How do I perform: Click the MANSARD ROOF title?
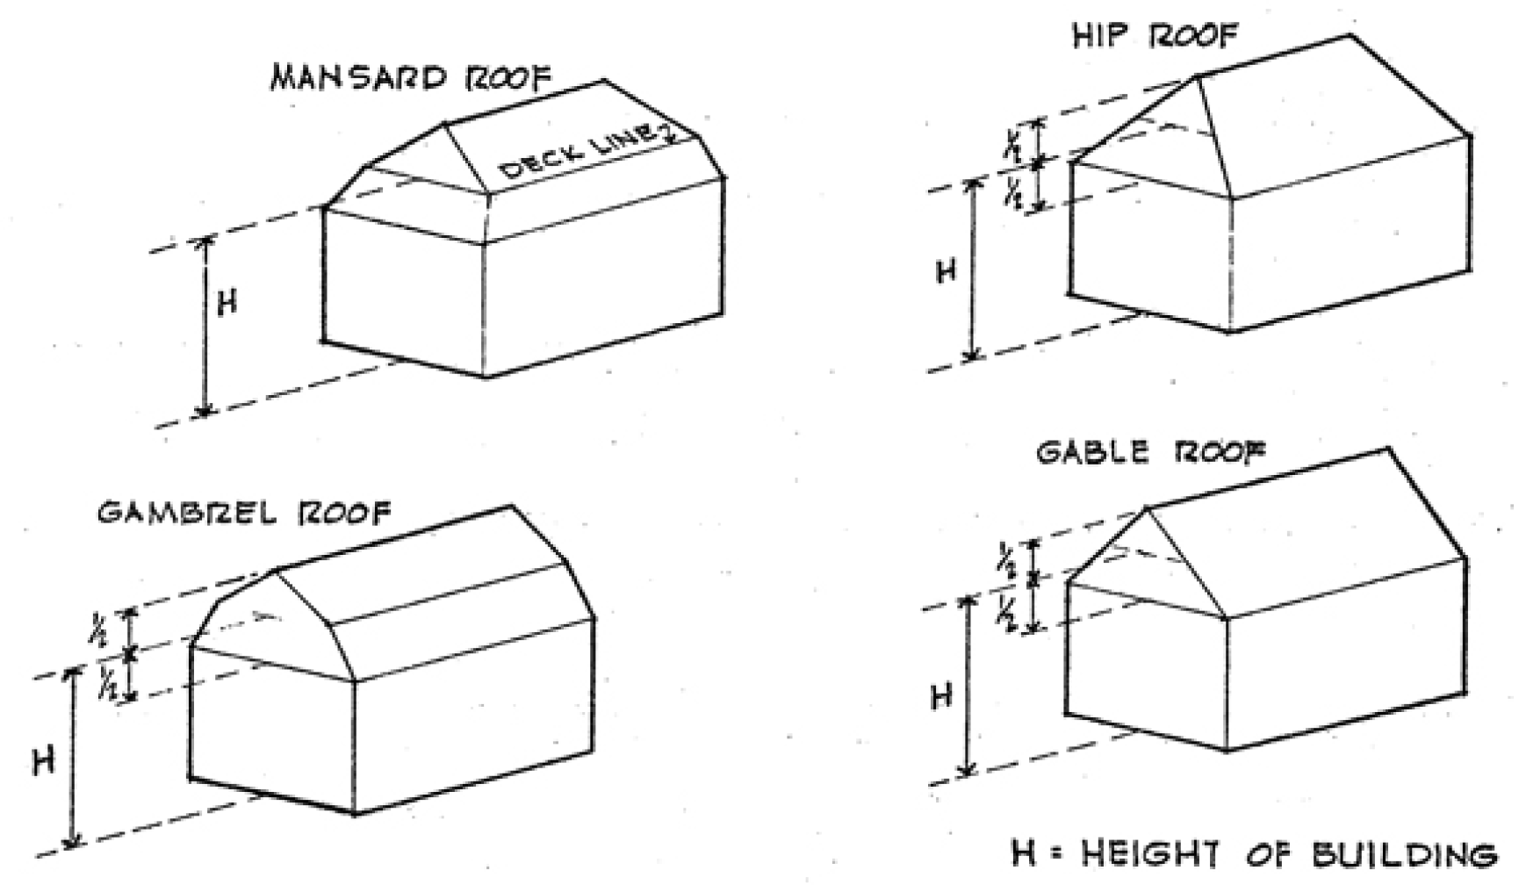pyautogui.click(x=411, y=78)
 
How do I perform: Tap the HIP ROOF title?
pyautogui.click(x=1154, y=36)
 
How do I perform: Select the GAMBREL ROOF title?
pyautogui.click(x=243, y=512)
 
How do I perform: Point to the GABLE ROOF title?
pyautogui.click(x=1151, y=453)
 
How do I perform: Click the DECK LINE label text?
pyautogui.click(x=580, y=155)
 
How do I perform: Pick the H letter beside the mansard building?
pyautogui.click(x=227, y=304)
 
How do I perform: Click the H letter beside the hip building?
pyautogui.click(x=945, y=272)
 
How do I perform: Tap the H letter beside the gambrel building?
pyautogui.click(x=43, y=760)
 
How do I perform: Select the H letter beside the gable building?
pyautogui.click(x=940, y=697)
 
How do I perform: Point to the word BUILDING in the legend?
pyautogui.click(x=1404, y=854)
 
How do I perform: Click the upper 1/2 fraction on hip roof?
pyautogui.click(x=1012, y=144)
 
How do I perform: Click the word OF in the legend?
pyautogui.click(x=1270, y=854)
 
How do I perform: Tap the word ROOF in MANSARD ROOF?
pyautogui.click(x=508, y=77)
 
